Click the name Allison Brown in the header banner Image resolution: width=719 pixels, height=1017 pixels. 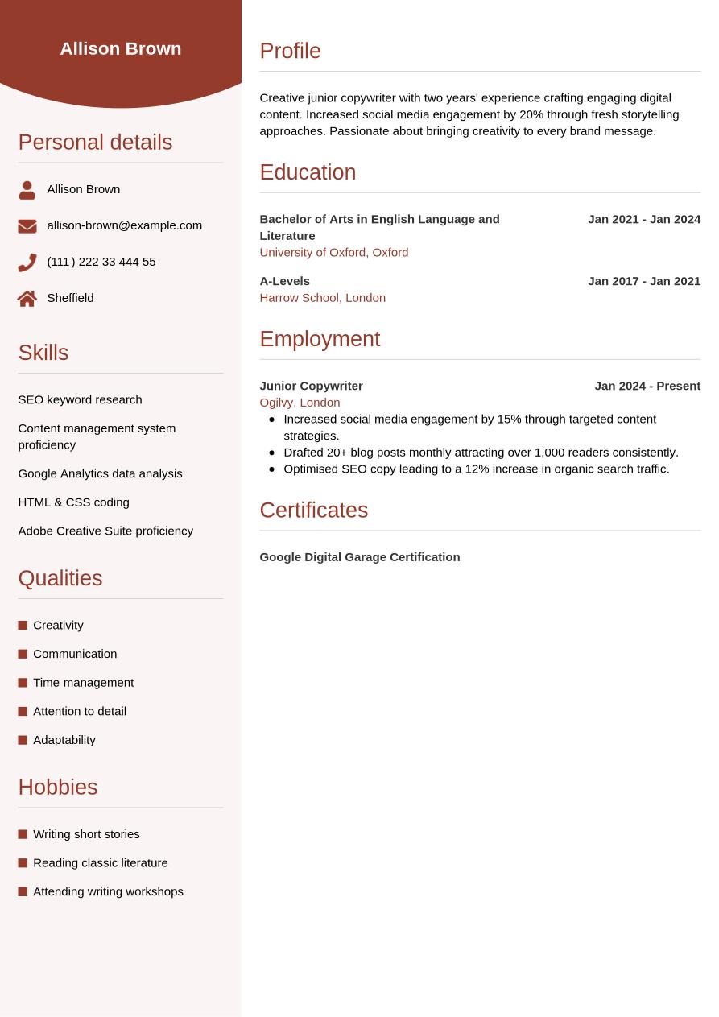121,48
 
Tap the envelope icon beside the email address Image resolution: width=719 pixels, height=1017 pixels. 27,226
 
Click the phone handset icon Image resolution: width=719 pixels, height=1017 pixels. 27,263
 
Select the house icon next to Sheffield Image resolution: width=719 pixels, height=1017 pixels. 27,299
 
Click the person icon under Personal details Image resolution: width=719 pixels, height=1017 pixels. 27,190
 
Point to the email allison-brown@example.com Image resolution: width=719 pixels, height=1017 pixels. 124,225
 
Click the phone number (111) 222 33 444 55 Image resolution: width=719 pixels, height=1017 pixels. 101,262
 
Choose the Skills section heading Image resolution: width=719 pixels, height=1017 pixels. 43,353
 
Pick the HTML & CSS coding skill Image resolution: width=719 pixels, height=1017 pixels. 73,502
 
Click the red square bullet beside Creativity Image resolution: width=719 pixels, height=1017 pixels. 23,626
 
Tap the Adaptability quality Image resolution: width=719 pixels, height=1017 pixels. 64,740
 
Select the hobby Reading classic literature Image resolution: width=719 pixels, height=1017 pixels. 100,863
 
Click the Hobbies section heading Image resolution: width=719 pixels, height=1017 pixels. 58,788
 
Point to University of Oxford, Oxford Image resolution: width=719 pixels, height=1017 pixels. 333,253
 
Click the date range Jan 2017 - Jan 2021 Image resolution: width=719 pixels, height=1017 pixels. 643,281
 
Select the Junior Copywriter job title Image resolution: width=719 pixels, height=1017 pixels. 311,386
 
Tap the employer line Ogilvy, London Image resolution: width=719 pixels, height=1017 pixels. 300,403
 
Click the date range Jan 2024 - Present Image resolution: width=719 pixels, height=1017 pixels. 647,386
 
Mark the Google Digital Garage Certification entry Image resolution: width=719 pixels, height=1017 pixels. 359,557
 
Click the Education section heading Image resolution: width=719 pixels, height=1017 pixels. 308,172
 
